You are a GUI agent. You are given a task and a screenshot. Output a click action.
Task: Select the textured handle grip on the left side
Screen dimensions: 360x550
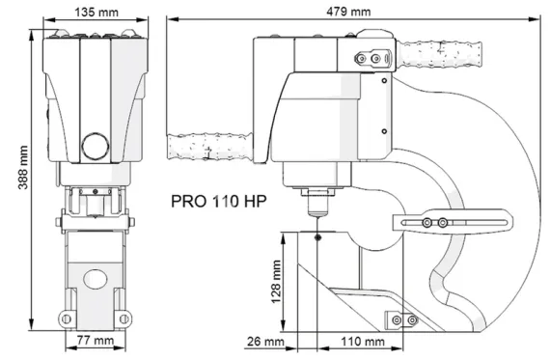point(206,147)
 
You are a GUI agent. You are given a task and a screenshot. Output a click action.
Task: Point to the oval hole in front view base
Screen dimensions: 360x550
point(95,277)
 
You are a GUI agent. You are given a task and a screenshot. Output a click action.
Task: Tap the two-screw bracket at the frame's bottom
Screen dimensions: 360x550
point(400,319)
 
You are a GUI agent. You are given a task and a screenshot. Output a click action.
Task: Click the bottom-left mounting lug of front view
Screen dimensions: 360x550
point(66,318)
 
